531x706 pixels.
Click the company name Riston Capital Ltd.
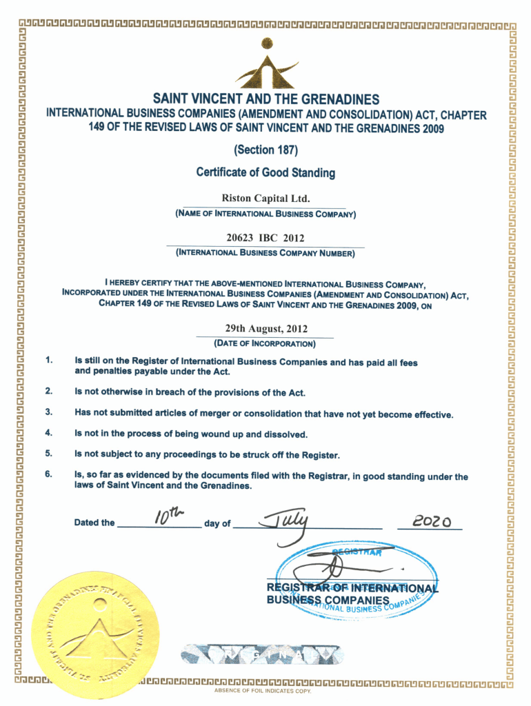pos(265,199)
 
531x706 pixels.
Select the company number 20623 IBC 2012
pos(265,238)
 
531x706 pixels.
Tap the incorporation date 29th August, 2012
pos(265,329)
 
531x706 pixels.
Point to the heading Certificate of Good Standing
pos(265,172)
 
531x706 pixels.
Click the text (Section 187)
pos(265,149)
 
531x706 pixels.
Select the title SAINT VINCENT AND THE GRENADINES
pos(265,99)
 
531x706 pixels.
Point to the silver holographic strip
pos(261,653)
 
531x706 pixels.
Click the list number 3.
pos(49,412)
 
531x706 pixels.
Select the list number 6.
pos(49,474)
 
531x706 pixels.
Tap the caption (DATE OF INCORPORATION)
pos(265,343)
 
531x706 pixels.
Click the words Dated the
pos(94,523)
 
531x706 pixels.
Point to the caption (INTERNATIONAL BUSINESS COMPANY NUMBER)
pos(265,253)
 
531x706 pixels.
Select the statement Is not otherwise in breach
pos(190,392)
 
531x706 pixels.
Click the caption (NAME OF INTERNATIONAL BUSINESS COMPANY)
pos(265,214)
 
